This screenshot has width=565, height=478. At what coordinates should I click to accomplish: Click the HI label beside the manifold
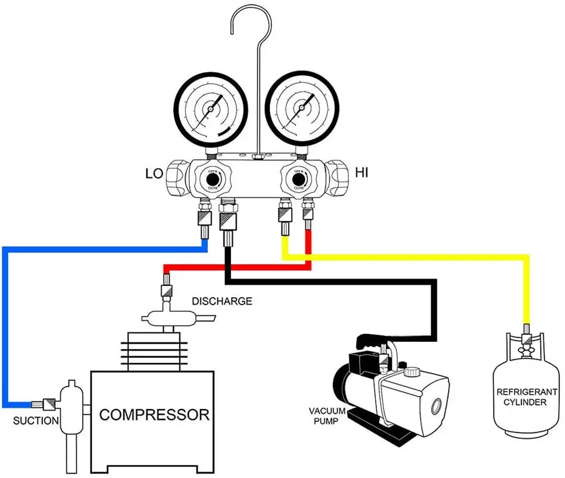pyautogui.click(x=361, y=172)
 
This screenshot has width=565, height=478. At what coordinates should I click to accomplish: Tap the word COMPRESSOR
pyautogui.click(x=154, y=415)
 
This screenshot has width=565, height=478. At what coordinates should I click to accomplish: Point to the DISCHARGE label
pyautogui.click(x=222, y=301)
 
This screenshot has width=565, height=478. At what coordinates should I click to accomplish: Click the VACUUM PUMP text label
pyautogui.click(x=327, y=416)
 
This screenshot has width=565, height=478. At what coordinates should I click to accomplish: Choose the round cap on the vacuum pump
pyautogui.click(x=411, y=373)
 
